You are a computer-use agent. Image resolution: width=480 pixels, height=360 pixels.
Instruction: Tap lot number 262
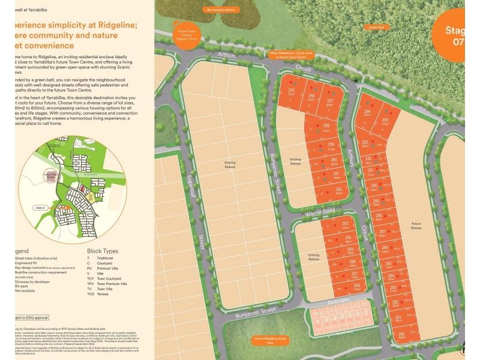tap(338, 191)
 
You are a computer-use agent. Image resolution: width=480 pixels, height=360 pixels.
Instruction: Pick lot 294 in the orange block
tap(367, 112)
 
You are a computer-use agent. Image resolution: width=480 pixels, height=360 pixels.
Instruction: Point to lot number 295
tap(385, 121)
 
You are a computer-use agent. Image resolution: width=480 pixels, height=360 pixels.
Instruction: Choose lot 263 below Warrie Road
tap(345, 224)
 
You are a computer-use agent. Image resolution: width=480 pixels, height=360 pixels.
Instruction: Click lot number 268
tap(356, 287)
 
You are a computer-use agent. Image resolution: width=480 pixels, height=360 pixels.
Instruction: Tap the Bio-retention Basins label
tap(218, 10)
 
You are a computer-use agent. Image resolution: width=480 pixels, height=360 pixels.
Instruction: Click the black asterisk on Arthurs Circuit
tap(356, 80)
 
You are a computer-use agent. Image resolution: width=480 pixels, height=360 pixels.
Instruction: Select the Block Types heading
tap(103, 251)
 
